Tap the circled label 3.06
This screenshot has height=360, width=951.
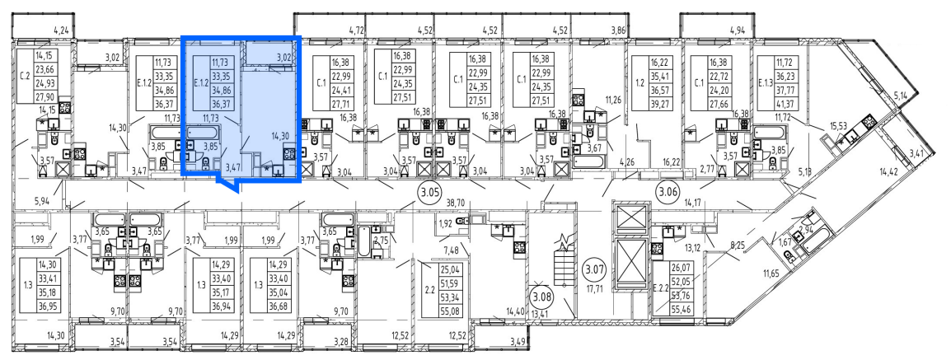[x=667, y=194]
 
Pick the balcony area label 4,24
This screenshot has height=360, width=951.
[x=62, y=30]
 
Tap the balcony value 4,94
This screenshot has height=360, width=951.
[x=738, y=30]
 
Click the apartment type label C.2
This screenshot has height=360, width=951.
[x=25, y=76]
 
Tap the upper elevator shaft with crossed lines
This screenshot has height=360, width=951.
[x=631, y=217]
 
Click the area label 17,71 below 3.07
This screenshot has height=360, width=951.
[x=595, y=288]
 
